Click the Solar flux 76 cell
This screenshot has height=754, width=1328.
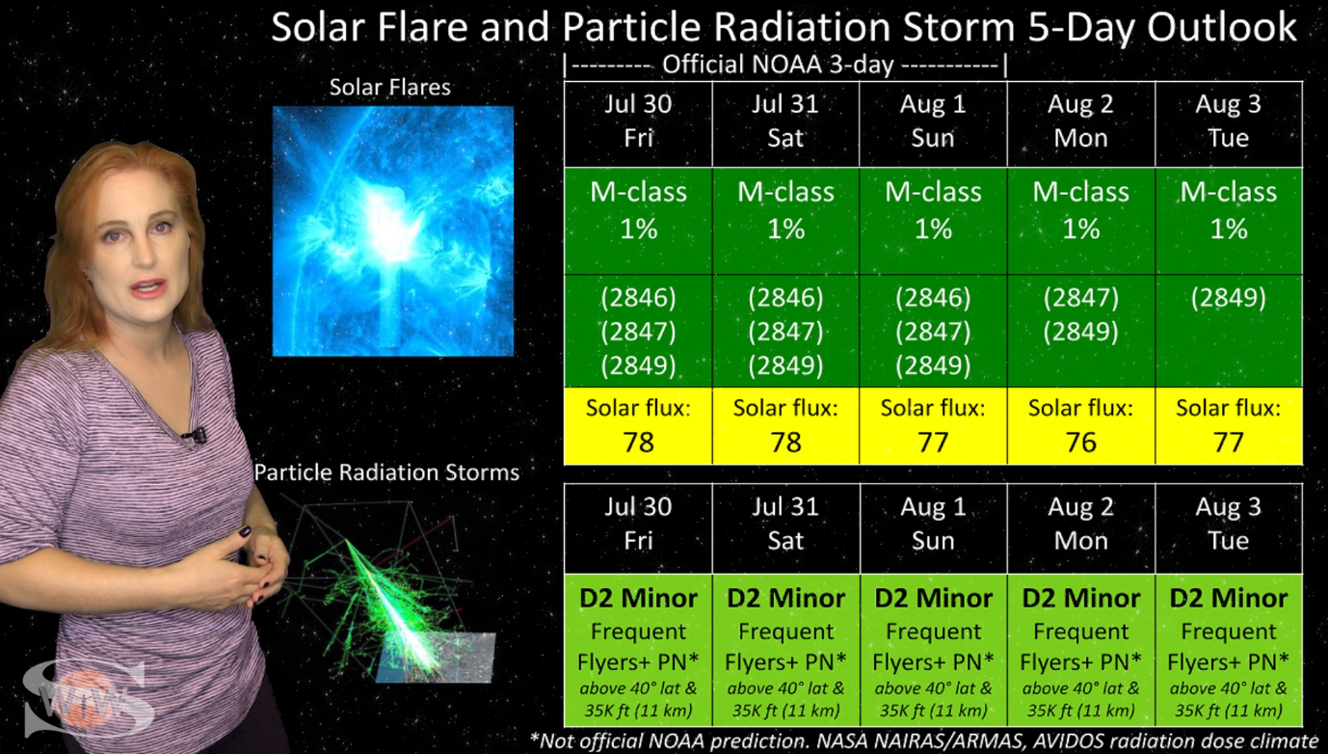coord(1080,426)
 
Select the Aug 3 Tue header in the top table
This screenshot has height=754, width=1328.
coord(1229,123)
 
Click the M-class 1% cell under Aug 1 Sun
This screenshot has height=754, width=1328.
coord(933,221)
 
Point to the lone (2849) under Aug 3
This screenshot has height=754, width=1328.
coord(1229,298)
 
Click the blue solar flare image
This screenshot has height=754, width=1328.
coord(393,231)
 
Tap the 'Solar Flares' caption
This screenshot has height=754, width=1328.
coord(390,87)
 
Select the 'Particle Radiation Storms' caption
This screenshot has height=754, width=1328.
coord(386,472)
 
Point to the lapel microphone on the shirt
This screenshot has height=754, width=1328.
coord(195,437)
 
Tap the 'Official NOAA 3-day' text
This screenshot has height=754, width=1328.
coord(778,64)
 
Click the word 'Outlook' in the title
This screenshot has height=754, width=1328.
coord(1222,27)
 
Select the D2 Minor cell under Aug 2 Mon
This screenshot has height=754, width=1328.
coord(1080,650)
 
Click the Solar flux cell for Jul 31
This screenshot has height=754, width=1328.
coord(785,426)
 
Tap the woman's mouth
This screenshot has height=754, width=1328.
coord(148,288)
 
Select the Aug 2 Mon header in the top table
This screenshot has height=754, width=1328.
coord(1080,123)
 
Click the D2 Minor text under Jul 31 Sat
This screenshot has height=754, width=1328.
coord(785,598)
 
